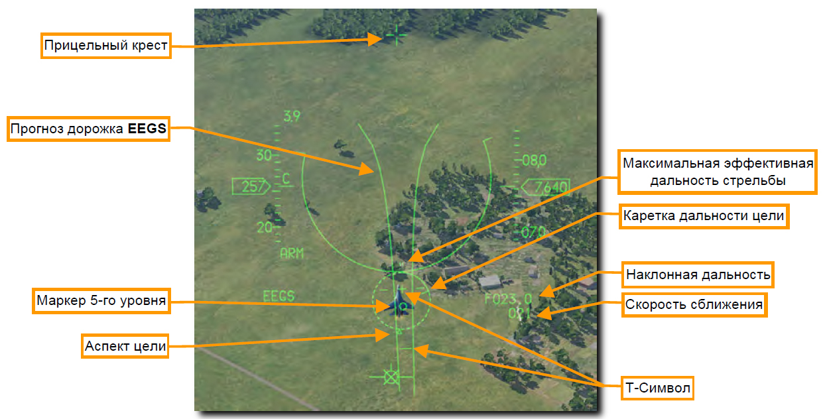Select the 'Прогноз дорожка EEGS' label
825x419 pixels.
[88, 129]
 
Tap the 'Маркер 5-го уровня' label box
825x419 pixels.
[100, 302]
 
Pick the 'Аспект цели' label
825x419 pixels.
[125, 346]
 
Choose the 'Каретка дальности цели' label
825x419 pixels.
[704, 216]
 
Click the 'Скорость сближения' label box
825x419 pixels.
[694, 305]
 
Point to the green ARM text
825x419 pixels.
[291, 253]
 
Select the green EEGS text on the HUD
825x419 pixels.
[279, 296]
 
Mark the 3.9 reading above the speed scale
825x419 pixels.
[291, 117]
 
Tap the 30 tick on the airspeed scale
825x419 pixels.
[264, 156]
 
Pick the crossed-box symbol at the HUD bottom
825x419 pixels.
[391, 377]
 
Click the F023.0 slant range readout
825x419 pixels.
[508, 298]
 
